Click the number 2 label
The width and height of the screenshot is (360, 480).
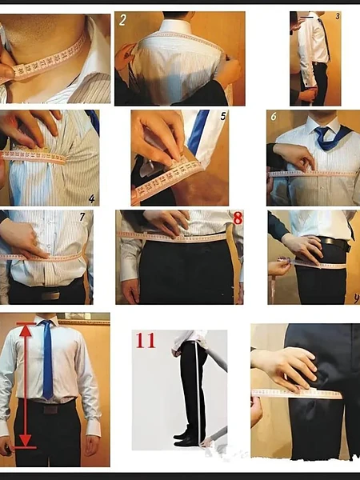tap(123, 21)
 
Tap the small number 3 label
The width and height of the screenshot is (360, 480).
tap(337, 15)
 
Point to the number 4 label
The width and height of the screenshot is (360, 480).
tap(92, 198)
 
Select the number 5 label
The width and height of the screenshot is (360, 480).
tap(223, 116)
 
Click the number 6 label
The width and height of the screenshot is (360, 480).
tap(274, 116)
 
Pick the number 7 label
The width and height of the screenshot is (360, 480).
tap(82, 217)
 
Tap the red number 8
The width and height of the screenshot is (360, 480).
tap(236, 218)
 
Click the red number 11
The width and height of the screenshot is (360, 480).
tap(145, 340)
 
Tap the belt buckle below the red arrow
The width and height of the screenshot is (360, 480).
tap(51, 408)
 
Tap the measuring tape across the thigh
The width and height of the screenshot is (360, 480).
tap(296, 394)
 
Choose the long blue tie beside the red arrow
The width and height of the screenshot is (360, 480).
tap(48, 360)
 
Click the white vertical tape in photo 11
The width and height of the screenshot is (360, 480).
tap(198, 392)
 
